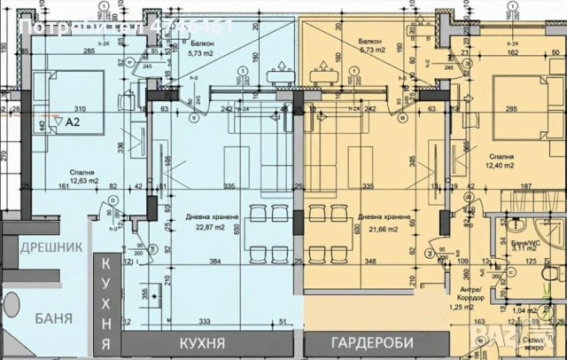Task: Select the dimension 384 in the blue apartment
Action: (214, 262)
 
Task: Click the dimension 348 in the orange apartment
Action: (369, 262)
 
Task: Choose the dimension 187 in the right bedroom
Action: (526, 186)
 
